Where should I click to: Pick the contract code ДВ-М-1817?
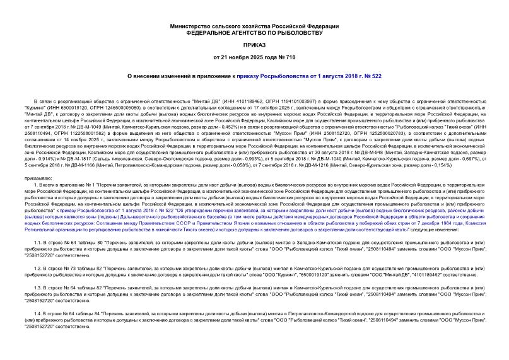click(101, 158)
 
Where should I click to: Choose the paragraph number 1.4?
click(37, 313)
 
